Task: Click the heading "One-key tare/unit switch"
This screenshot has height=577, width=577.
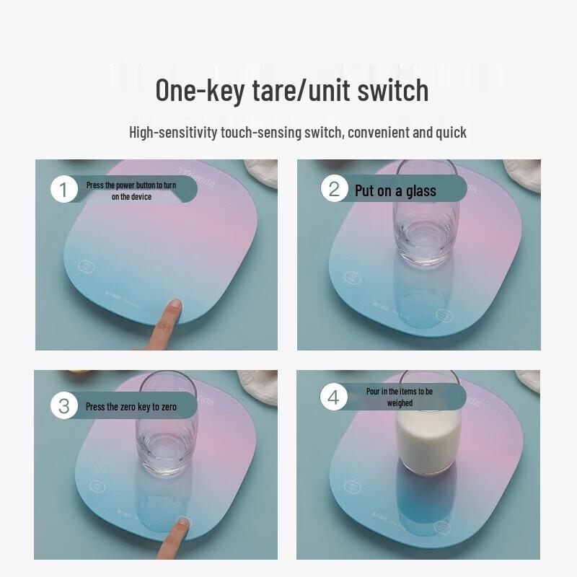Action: pyautogui.click(x=292, y=91)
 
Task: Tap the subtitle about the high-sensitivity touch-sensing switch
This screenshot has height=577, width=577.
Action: pyautogui.click(x=297, y=133)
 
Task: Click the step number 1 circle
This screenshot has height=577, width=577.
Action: pyautogui.click(x=64, y=190)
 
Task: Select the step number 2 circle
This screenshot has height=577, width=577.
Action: pyautogui.click(x=334, y=189)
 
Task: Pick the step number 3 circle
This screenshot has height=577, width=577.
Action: pyautogui.click(x=64, y=406)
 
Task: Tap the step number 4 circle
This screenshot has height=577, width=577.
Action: pyautogui.click(x=333, y=397)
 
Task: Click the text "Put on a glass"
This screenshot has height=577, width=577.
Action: pyautogui.click(x=395, y=190)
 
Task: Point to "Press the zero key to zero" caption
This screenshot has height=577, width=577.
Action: pyautogui.click(x=131, y=407)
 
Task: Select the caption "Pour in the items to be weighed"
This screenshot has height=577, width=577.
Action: pyautogui.click(x=399, y=397)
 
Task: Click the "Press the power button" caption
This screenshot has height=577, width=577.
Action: pyautogui.click(x=131, y=190)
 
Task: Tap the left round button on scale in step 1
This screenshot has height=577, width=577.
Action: pyautogui.click(x=87, y=266)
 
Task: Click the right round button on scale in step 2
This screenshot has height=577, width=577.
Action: pyautogui.click(x=444, y=316)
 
